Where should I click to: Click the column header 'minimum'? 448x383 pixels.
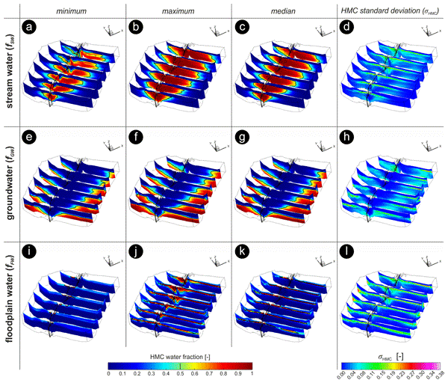click(72, 8)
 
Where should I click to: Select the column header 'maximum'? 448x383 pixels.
click(178, 8)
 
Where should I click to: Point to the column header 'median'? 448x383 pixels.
click(286, 8)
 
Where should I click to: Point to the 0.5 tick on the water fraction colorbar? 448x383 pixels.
click(180, 372)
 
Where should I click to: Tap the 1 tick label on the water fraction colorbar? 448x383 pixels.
click(252, 372)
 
